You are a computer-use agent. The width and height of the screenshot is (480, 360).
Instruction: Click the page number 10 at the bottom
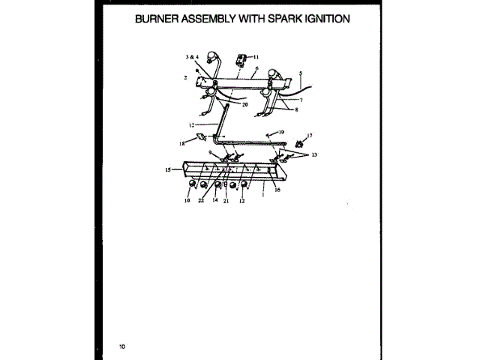coord(122,346)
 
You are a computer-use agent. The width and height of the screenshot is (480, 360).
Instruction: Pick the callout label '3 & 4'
coord(191,57)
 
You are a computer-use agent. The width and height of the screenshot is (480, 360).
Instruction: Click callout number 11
coord(255,57)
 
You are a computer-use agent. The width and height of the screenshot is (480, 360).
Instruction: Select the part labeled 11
coord(241,58)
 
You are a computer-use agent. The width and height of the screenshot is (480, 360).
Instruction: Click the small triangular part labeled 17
coord(299,142)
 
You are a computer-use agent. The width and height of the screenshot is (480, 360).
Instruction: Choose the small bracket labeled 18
coord(200,137)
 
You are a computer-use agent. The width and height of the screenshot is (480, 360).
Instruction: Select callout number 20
coord(244,105)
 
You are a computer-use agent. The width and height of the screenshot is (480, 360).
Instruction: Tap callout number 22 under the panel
coord(201,200)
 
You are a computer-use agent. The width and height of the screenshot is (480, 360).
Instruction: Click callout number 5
coord(300,73)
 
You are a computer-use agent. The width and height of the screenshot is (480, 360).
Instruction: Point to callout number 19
coord(281,132)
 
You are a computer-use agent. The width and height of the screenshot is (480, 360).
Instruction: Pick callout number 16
coord(277,190)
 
